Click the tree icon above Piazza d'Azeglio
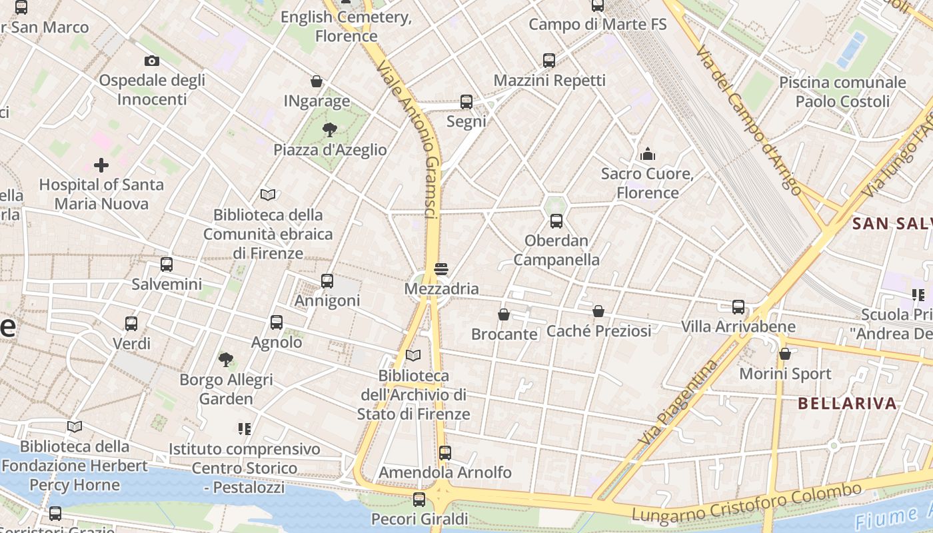(x=329, y=129)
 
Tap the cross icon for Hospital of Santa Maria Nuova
(x=101, y=165)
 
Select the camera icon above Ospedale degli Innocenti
(x=152, y=61)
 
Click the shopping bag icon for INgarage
(x=317, y=81)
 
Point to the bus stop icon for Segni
(x=467, y=102)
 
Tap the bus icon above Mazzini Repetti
(x=549, y=61)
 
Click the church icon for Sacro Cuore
(x=648, y=155)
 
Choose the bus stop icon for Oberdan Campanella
(x=556, y=221)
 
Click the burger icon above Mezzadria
(x=441, y=269)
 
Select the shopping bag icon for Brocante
(x=504, y=314)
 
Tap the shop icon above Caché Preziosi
(x=598, y=311)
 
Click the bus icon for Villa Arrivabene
(x=738, y=307)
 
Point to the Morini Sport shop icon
(x=785, y=354)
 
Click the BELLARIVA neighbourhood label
(x=847, y=403)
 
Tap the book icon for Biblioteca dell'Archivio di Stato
(x=413, y=356)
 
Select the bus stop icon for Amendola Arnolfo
(x=445, y=453)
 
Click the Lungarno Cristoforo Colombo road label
(x=746, y=502)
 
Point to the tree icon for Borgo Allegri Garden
(x=226, y=360)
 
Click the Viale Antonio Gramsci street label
(x=407, y=140)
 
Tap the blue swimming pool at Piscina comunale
(x=850, y=50)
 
